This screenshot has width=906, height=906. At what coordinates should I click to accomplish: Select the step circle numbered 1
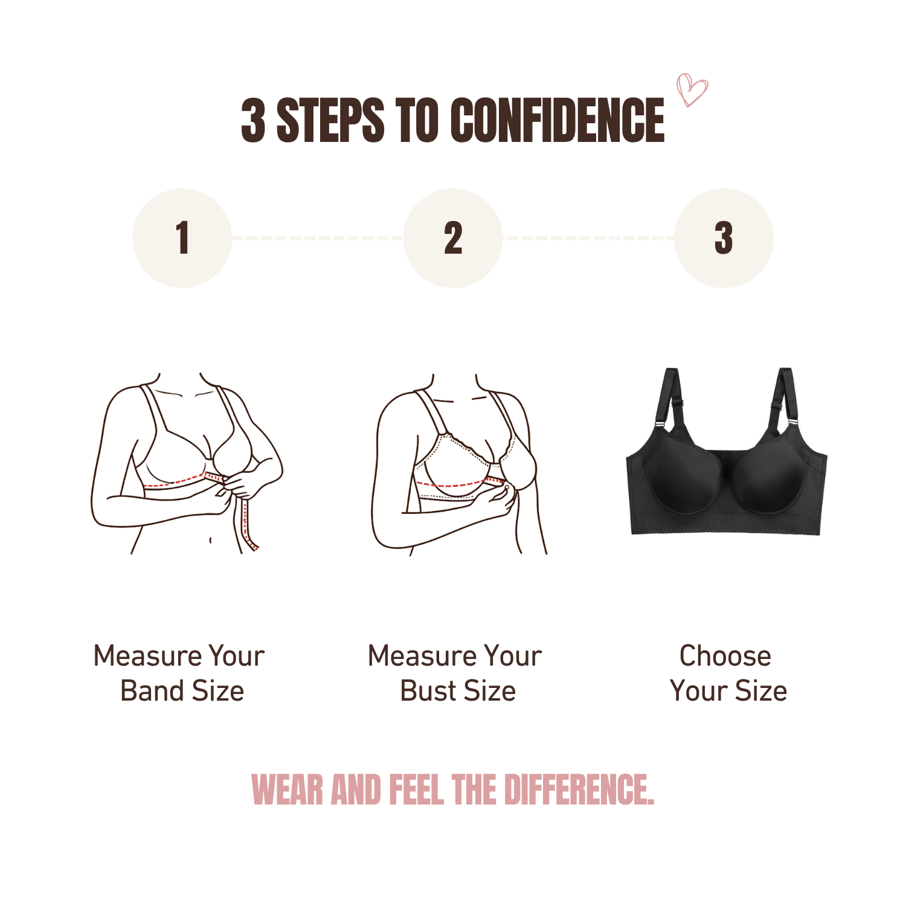pos(182,238)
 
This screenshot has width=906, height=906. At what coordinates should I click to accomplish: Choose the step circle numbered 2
pos(453,238)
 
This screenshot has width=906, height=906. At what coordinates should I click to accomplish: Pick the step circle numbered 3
pos(724,238)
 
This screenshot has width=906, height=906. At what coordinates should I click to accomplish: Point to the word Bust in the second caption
pos(428,691)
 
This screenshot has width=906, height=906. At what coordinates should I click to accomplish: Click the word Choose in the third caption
pos(725,656)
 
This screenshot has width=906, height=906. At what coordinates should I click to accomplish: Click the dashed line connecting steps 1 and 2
pos(317,238)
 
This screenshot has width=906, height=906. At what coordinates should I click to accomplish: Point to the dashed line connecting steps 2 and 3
pos(588,238)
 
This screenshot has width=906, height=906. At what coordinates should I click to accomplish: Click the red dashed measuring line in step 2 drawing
pos(453,484)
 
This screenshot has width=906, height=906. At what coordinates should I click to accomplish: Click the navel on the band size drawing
pos(210,539)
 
